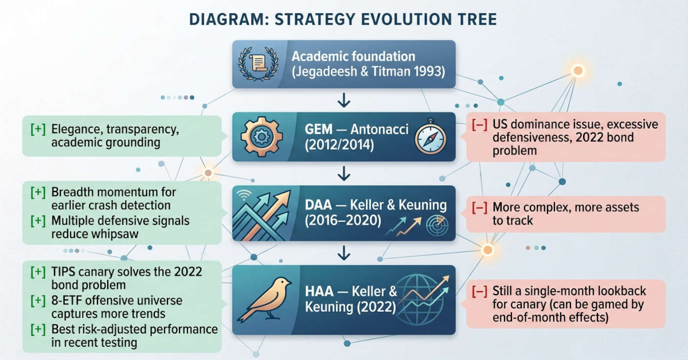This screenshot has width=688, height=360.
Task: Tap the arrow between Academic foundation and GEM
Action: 344,100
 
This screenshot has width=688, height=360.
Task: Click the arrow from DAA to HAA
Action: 344,252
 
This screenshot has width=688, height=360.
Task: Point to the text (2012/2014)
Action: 339,146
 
